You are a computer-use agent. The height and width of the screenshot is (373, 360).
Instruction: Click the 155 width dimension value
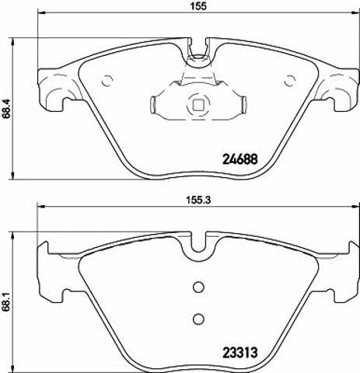(199, 6)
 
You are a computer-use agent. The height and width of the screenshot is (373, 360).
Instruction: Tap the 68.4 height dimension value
(6, 108)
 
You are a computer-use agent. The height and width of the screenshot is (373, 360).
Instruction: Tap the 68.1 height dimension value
(6, 302)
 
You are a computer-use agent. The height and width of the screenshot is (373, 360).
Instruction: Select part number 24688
(240, 159)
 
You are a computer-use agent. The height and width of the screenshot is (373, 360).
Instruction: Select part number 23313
(240, 352)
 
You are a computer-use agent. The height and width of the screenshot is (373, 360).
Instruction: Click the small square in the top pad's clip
(199, 105)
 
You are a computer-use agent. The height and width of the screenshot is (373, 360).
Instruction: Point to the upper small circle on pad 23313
(199, 288)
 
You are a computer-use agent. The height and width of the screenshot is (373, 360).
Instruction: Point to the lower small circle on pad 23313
(199, 319)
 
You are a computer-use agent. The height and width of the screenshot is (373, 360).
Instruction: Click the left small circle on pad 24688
(107, 81)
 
